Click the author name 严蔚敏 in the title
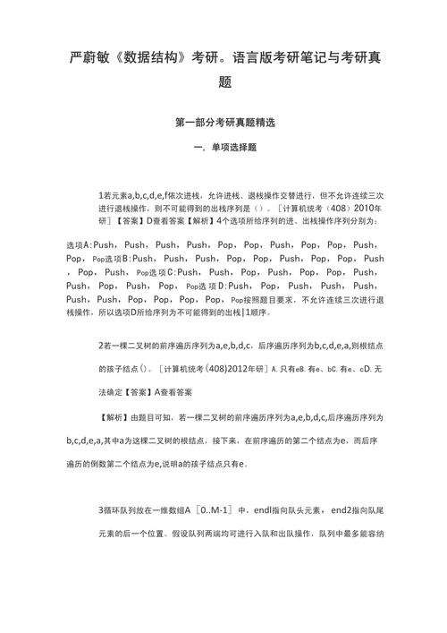[91, 57]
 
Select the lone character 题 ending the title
[224, 81]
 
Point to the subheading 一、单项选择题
[223, 147]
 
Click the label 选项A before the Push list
[79, 244]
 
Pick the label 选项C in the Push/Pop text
[154, 271]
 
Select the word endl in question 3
[266, 510]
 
